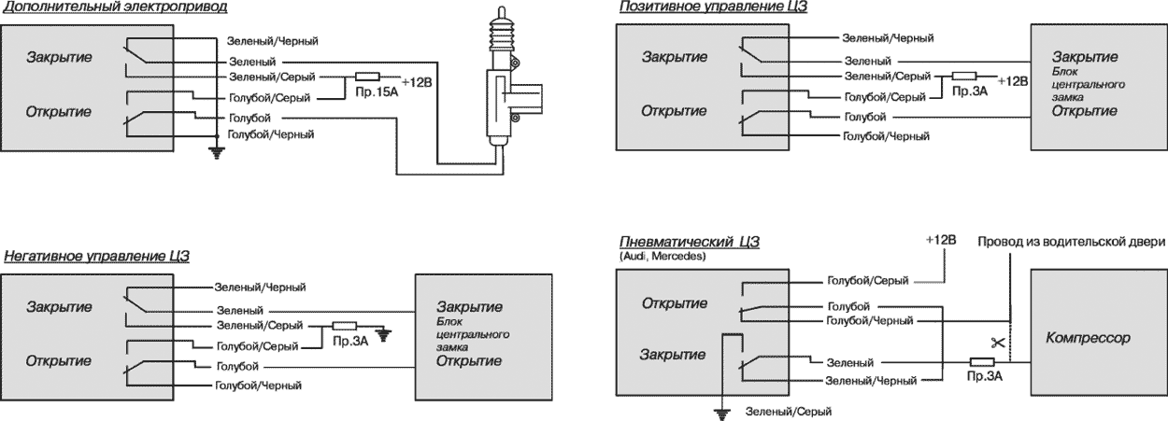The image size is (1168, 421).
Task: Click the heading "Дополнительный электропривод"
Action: point(115,7)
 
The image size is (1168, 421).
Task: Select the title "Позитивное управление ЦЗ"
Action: point(713,7)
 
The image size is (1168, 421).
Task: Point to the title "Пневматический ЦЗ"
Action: point(690,242)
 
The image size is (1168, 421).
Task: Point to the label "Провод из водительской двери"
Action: point(1072,241)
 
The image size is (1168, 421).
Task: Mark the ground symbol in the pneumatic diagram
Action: point(721,411)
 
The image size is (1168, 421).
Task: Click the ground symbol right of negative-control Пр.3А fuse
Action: point(382,331)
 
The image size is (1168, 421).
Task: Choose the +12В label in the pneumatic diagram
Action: point(941,240)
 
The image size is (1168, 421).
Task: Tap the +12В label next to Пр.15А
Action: point(417,81)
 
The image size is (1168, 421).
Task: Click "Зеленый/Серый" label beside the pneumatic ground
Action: point(788,412)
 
